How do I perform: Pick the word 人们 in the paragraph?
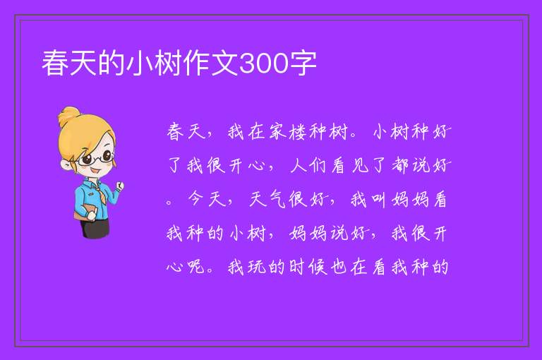[x=308, y=165]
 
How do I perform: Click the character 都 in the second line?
[x=400, y=165]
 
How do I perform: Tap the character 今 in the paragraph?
[x=196, y=199]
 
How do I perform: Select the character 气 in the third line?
[x=277, y=199]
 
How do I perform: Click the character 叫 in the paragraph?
[x=379, y=200]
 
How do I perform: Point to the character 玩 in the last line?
[x=257, y=267]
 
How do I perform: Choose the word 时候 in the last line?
[x=308, y=267]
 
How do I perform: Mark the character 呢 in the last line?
[x=196, y=267]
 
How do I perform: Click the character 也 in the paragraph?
[x=339, y=267]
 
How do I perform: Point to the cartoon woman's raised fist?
[x=120, y=186]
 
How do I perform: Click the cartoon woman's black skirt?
[x=95, y=228]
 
